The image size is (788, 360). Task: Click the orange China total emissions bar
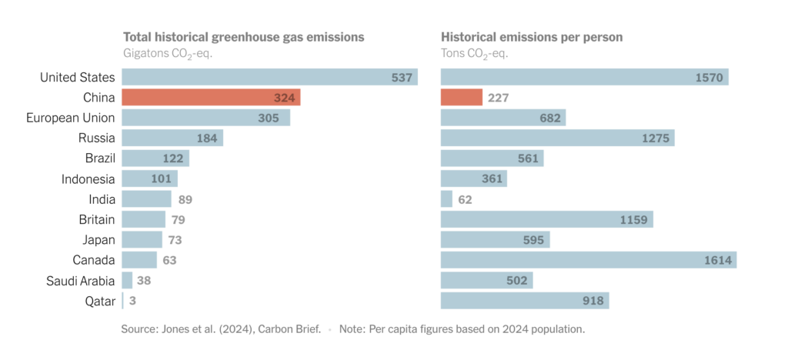pos(211,98)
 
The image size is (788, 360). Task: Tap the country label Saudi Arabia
pos(80,281)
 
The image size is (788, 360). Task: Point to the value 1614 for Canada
pos(719,260)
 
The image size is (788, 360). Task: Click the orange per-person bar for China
pos(462,98)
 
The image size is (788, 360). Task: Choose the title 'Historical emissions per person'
pos(532,37)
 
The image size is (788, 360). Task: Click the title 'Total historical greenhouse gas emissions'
pos(244,37)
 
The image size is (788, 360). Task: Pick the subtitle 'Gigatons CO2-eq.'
pos(168,54)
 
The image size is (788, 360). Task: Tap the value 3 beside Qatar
pos(133,301)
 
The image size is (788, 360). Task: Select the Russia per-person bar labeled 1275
pos(557,138)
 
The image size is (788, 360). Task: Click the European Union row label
pos(71,118)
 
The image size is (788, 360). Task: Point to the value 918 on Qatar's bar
pos(593,301)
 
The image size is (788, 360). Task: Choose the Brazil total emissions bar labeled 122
pos(155,158)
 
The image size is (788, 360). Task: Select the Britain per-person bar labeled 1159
pos(546,220)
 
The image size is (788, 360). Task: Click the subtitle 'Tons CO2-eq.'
pos(474,54)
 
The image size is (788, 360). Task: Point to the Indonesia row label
pos(88,179)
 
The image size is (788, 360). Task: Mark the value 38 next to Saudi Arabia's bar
pos(144,281)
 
